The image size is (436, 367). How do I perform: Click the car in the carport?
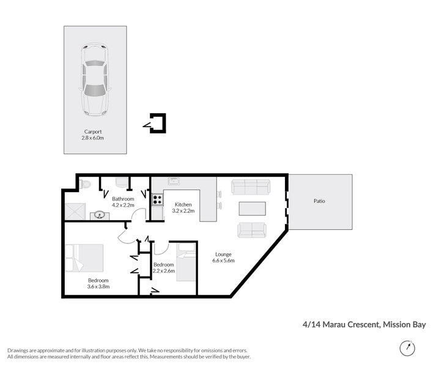pyautogui.click(x=94, y=80)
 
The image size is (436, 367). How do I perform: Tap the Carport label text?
pyautogui.click(x=94, y=132)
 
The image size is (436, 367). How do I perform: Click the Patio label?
pyautogui.click(x=319, y=200)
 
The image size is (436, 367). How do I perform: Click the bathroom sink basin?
pyautogui.click(x=99, y=215)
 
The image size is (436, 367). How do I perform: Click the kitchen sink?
pyautogui.click(x=173, y=181)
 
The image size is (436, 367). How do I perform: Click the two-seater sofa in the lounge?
pyautogui.click(x=252, y=230)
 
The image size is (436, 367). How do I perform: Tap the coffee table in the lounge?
pyautogui.click(x=253, y=208)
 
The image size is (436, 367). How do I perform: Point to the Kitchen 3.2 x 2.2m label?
pyautogui.click(x=183, y=207)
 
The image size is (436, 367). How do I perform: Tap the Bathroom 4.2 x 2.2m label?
pyautogui.click(x=123, y=202)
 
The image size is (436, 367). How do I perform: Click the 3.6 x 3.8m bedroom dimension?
pyautogui.click(x=98, y=286)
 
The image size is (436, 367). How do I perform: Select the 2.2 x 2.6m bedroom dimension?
pyautogui.click(x=164, y=271)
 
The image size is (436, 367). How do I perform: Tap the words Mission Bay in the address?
pyautogui.click(x=404, y=325)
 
